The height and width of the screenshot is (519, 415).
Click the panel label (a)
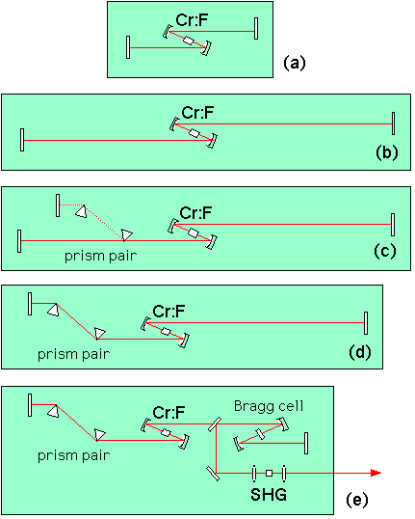[x=295, y=63]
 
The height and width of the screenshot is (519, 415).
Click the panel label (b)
[x=386, y=153]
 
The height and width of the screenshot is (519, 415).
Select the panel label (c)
[x=384, y=251]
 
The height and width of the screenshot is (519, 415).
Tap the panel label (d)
[x=360, y=352]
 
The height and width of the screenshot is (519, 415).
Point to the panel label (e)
[x=357, y=499]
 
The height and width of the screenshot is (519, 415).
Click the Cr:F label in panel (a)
[x=192, y=20]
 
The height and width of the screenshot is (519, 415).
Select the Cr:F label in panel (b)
[x=197, y=113]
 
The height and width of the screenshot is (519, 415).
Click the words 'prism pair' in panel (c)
[x=100, y=256]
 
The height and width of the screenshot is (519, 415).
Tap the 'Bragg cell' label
[x=269, y=406]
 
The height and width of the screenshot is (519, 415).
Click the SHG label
[x=269, y=495]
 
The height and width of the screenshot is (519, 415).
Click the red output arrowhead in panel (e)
[x=376, y=473]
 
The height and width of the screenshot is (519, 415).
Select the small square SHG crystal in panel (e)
[x=270, y=473]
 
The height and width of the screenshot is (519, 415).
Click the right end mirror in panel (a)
[x=256, y=29]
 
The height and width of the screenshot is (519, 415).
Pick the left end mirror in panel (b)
[x=22, y=140]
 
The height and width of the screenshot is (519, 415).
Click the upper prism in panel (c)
[x=82, y=211]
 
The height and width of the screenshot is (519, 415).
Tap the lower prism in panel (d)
[x=99, y=333]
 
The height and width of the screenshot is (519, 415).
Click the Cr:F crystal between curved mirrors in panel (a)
[x=188, y=41]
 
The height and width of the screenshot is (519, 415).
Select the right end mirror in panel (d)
[x=366, y=323]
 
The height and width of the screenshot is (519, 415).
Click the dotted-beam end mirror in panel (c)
[x=58, y=205]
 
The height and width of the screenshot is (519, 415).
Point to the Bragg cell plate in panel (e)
[x=260, y=434]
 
